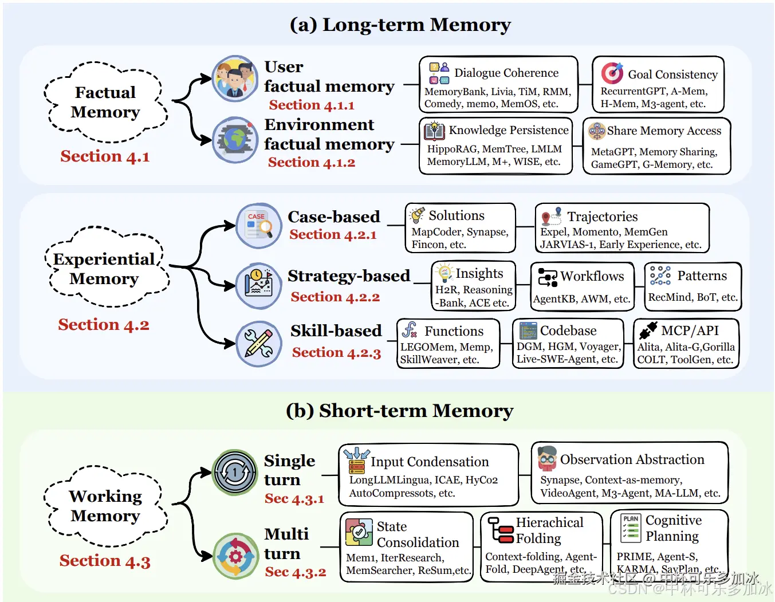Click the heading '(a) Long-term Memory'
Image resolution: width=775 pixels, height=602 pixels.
400,25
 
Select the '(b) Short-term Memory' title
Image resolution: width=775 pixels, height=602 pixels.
399,411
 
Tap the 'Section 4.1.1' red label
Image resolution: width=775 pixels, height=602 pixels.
312,105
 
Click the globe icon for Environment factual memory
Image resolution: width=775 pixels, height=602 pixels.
235,139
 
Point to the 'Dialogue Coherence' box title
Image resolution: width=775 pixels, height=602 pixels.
506,73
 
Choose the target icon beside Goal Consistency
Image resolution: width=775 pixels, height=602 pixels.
612,73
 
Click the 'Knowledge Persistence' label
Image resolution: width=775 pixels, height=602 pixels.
509,130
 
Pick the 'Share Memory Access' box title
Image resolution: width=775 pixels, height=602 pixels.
664,131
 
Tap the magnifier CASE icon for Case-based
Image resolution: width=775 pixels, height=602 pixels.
259,225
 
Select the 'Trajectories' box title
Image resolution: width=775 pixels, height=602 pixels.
602,217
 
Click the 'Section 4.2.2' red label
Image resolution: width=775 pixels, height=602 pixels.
335,297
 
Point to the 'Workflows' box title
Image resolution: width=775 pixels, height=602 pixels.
592,276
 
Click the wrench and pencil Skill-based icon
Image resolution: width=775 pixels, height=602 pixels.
259,343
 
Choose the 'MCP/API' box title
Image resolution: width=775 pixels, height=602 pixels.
690,330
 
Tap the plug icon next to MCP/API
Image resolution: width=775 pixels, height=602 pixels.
648,330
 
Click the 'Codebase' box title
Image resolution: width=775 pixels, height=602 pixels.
568,330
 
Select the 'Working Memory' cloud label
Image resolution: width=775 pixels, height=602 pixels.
105,506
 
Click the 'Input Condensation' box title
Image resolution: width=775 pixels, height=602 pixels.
429,462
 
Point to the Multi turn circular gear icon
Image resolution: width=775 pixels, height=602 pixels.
235,556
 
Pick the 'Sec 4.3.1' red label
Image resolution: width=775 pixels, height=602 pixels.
294,499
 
